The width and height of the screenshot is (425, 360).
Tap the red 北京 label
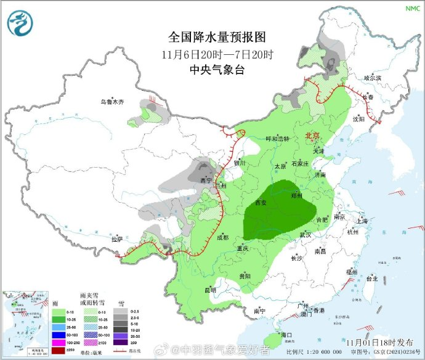pyautogui.click(x=314, y=135)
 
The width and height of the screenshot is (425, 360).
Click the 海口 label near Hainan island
pyautogui.click(x=285, y=334)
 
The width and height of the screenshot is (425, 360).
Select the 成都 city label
pyautogui.click(x=222, y=237)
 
